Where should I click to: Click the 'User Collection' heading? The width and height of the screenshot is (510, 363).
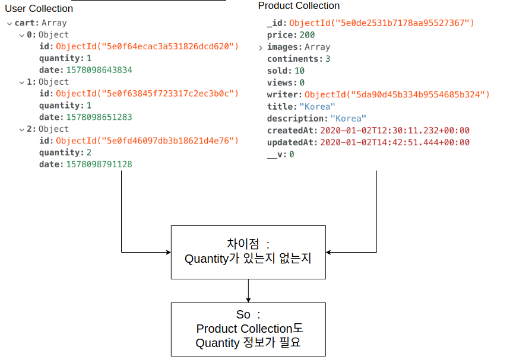39,9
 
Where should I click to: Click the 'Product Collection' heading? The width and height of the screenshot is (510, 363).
299,6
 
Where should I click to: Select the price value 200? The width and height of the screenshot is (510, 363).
307,35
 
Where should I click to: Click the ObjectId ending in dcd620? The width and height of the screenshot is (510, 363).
147,46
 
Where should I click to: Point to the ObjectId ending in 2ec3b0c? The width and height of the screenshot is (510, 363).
147,93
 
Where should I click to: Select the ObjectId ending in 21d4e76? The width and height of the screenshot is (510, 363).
147,141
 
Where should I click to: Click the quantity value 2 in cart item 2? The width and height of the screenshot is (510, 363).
89,152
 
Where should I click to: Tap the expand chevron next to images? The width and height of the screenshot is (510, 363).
261,47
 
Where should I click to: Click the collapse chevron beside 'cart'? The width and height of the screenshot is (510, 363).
9,23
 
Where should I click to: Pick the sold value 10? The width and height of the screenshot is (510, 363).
300,71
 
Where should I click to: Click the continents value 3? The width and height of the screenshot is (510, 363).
328,59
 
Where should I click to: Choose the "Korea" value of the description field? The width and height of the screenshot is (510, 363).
349,119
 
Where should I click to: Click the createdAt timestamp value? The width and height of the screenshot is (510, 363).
395,130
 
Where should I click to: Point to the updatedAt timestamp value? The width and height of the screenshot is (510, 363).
395,142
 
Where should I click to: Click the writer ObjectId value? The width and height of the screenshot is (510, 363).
397,95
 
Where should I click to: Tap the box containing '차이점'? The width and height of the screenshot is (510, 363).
248,252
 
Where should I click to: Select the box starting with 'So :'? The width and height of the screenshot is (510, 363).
248,329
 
